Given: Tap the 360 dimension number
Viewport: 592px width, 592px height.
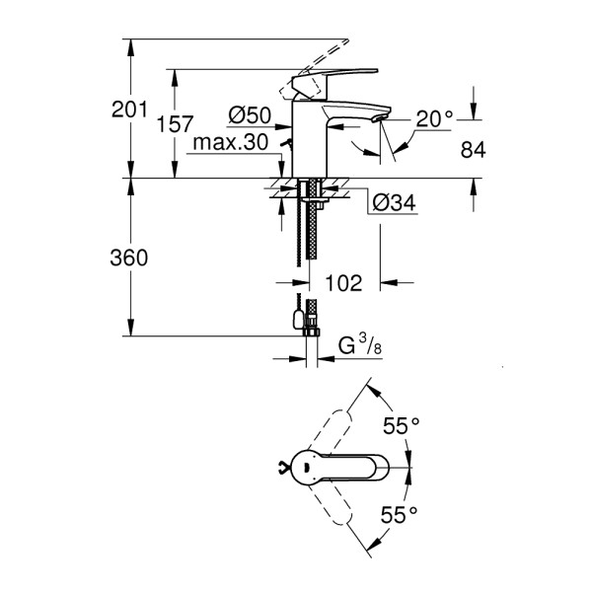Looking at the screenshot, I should coord(128,259).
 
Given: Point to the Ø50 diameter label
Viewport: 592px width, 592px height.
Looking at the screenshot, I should coord(250,116).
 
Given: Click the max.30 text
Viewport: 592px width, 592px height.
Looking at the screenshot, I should coord(231,143).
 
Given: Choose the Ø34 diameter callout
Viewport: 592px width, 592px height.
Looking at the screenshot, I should coord(395,203).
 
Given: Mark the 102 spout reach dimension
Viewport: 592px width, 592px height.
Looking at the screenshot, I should coord(342,282).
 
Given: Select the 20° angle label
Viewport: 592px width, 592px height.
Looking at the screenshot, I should coord(433,118).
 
